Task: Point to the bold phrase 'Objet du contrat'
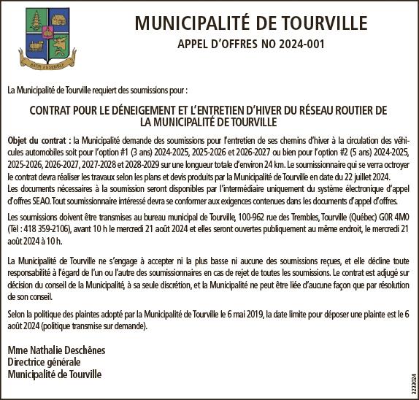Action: (38, 139)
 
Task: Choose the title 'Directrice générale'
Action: (44, 362)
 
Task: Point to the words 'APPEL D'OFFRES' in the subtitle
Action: (220, 45)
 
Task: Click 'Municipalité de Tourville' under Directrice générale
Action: (55, 374)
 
